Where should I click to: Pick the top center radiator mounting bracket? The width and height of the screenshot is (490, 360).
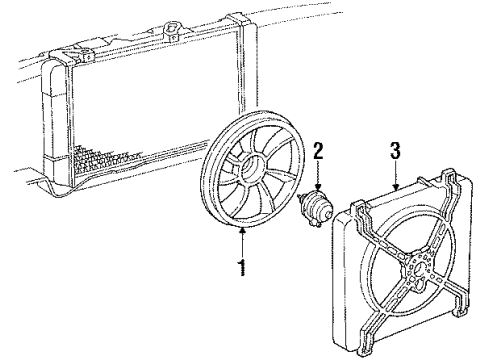coord(171,20)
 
